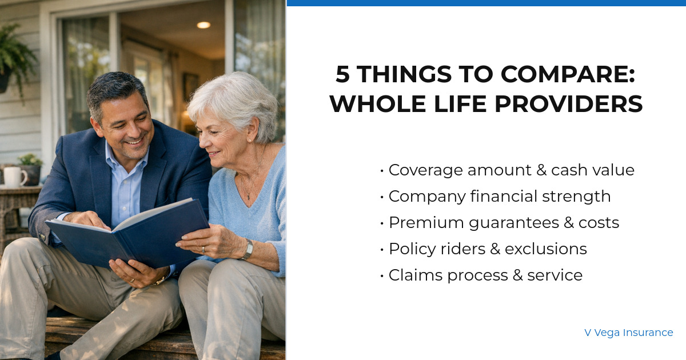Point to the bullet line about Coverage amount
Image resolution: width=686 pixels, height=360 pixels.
click(511, 170)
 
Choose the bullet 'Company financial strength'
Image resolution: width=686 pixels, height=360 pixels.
click(499, 197)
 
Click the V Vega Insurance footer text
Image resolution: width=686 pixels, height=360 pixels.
click(628, 333)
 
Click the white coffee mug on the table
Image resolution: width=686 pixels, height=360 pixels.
click(14, 177)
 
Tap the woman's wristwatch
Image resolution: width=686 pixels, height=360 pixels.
click(248, 250)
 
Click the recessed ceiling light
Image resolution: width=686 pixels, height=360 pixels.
click(203, 25)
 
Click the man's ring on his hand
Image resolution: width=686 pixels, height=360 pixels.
click(131, 281)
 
